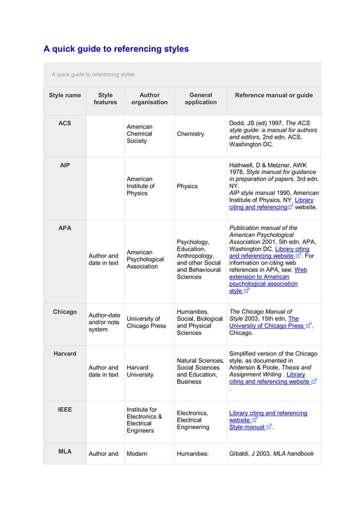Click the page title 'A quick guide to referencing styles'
coord(116,49)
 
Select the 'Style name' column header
coord(65,95)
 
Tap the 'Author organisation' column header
coord(149,99)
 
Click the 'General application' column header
coord(200,99)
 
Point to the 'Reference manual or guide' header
coord(274,95)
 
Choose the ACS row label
coord(65,123)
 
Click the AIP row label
coord(65,165)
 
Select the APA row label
coord(65,228)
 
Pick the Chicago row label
coord(65,312)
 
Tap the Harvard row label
coord(65,354)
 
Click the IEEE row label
coord(65,409)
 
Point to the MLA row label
coord(65,451)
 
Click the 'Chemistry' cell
coord(191,134)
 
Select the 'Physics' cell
coord(187,186)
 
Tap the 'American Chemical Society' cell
coord(139,134)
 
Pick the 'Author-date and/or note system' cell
coord(104,322)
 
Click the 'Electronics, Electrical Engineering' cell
coord(193,420)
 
